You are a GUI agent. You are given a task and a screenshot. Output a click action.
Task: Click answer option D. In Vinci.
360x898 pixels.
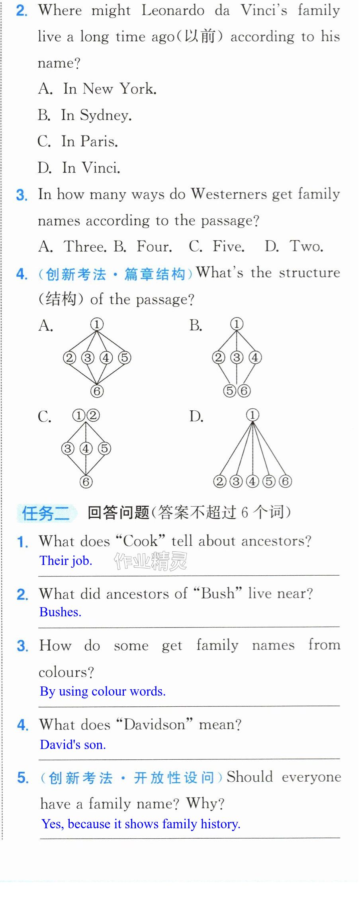pos(79,168)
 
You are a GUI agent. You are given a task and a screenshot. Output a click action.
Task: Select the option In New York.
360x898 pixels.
pos(98,88)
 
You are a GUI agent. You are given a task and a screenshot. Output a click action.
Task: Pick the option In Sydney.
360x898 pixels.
pos(85,115)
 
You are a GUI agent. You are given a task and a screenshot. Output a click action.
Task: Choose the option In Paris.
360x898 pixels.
pos(78,141)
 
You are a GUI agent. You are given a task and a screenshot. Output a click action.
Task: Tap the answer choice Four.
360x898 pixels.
pos(143,247)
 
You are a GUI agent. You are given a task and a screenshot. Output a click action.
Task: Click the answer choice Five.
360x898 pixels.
pos(217,247)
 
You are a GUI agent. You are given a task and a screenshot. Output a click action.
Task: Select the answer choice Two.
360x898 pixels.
pos(294,247)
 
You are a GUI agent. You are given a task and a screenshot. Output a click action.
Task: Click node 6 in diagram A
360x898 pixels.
pos(97,391)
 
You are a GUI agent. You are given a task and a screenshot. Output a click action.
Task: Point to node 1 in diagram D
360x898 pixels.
pos(252,415)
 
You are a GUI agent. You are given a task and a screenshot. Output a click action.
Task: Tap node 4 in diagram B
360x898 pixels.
pos(255,357)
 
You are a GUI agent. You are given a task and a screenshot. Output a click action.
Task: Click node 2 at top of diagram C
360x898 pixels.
pos(93,416)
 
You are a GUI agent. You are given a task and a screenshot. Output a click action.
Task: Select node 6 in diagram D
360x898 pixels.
pos(285,481)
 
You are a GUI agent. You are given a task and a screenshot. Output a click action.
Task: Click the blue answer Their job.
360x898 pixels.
pos(66,561)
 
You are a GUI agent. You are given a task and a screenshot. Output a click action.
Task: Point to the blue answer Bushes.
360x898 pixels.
pos(61,612)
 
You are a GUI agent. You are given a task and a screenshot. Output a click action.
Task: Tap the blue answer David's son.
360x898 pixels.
pos(73,744)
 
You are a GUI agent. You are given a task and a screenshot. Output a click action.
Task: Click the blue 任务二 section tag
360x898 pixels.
pos(46,513)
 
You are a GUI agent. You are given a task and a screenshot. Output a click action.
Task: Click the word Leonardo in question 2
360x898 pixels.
pos(173,10)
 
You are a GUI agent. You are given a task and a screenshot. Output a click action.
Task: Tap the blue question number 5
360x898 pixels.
pos(23,777)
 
